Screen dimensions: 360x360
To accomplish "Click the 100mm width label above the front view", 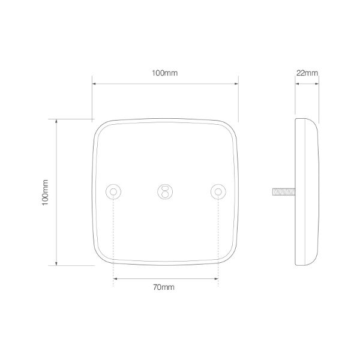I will point(165,73).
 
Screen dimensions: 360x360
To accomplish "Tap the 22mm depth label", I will point(307,73).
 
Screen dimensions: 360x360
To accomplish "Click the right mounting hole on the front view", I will point(218,191).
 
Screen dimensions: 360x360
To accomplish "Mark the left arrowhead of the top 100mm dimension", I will point(94,83).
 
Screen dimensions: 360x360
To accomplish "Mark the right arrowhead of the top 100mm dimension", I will point(238,83).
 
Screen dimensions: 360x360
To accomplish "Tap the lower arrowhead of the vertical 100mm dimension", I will point(57,264).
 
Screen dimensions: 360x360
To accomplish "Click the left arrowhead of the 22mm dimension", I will point(296,83).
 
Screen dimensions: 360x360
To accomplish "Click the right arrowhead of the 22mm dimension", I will point(316,83).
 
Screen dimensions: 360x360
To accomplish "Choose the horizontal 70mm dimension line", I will point(165,278).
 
